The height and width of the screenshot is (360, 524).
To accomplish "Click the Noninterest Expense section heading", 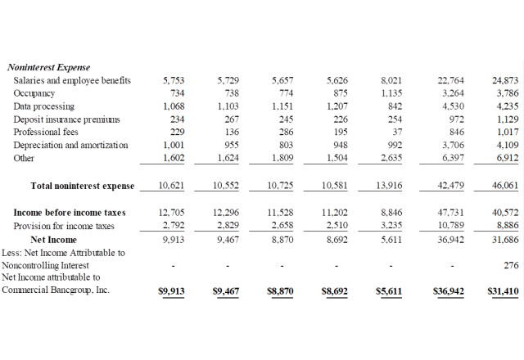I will (x=48, y=67).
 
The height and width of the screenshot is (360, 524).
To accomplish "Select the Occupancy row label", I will (x=34, y=93).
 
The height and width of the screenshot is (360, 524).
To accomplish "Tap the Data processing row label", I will (x=44, y=106).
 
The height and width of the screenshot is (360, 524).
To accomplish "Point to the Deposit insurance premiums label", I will (x=66, y=119).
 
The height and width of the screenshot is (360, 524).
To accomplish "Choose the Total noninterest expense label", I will (x=83, y=186).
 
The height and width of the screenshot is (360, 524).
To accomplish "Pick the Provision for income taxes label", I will (x=64, y=226).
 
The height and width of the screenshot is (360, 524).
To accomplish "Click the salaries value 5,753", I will (x=174, y=80).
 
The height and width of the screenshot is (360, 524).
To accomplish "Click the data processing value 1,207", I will (x=337, y=106).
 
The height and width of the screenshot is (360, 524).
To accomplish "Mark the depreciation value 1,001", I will (x=174, y=146).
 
